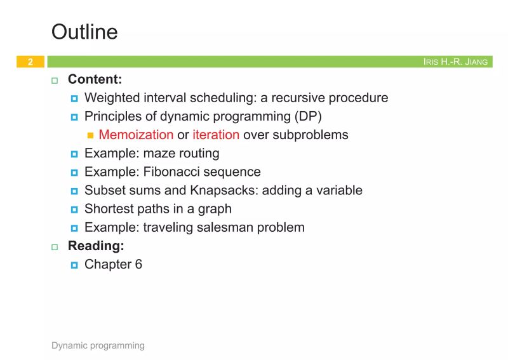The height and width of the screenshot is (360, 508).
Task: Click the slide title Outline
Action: [x=84, y=32]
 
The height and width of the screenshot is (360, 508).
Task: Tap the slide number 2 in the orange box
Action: [x=30, y=62]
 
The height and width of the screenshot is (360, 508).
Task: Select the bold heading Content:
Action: [x=95, y=80]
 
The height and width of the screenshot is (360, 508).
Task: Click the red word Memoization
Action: [x=136, y=135]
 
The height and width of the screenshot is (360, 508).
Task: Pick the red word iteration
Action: [x=216, y=135]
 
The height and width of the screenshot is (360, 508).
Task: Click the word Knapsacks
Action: [x=218, y=190]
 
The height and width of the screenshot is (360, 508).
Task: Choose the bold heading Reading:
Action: [x=95, y=246]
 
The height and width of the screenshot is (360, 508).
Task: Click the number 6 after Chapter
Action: [x=138, y=264]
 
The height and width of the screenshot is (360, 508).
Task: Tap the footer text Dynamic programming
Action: [x=98, y=345]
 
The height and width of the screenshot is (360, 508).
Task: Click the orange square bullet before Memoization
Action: [x=90, y=135]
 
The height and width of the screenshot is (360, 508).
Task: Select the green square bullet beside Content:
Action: [x=55, y=81]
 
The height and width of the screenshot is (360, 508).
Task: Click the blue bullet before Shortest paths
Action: [x=74, y=209]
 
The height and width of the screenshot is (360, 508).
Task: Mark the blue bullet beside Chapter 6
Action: [x=74, y=265]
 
